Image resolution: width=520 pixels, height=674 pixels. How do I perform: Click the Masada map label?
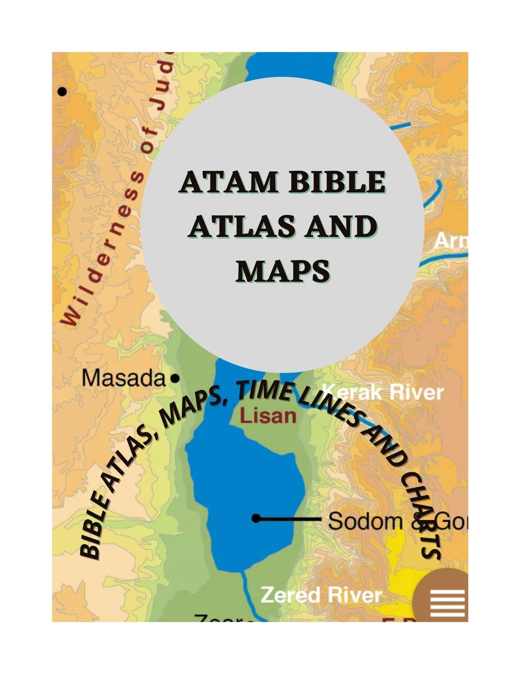(x=124, y=379)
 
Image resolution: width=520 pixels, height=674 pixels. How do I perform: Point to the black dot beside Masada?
(x=174, y=379)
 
